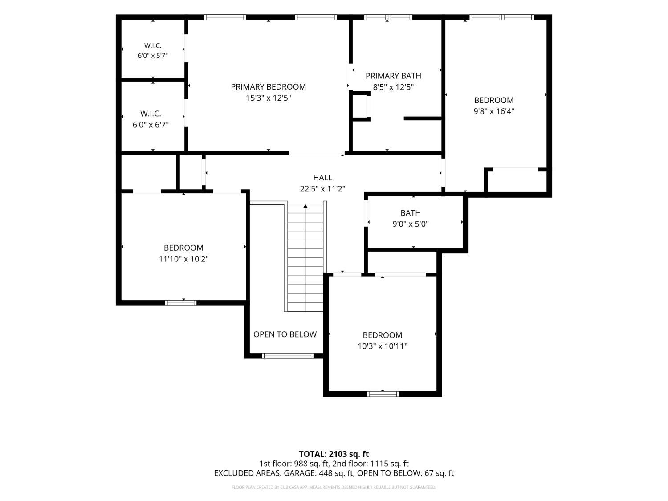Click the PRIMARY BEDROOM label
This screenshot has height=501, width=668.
pos(268,87)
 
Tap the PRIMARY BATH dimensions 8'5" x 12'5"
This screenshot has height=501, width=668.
pos(393,87)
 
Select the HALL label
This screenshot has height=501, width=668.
pos(322,178)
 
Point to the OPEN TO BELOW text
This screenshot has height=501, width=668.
pos(285,334)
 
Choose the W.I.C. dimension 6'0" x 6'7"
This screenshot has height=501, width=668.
pos(151,125)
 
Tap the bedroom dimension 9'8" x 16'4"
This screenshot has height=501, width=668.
pos(493,111)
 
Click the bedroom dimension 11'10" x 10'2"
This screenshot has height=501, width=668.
pos(183,259)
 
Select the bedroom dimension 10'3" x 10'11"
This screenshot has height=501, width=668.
pos(383,346)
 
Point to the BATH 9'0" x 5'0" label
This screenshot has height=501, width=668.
pos(411,218)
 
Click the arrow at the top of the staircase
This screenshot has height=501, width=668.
pos(305,206)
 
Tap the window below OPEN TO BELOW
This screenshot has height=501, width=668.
pos(288,356)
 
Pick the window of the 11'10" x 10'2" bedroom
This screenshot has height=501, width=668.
pos(180,303)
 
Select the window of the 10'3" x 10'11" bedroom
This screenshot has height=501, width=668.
pos(383,394)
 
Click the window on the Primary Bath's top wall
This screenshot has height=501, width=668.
pos(388,17)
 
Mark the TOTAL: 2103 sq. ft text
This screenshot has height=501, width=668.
pos(334,454)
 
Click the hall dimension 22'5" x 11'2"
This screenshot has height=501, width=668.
pos(322,189)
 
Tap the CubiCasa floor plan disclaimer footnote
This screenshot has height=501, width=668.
pos(334,487)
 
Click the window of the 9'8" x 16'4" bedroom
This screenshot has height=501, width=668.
pos(501,17)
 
